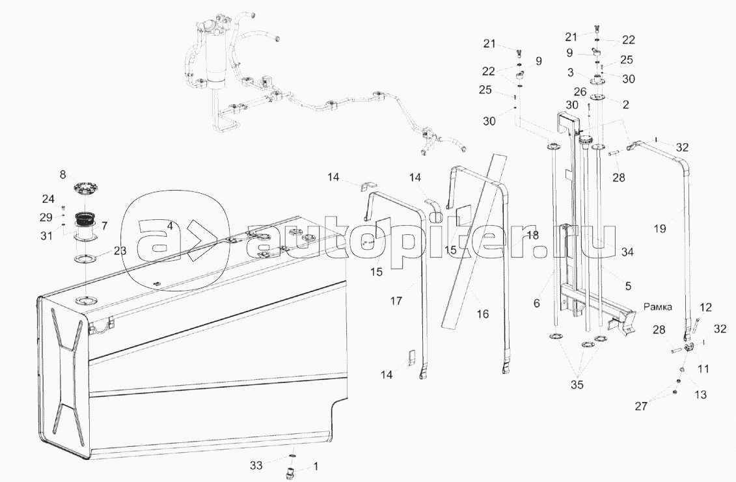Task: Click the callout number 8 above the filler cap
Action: [x=63, y=174]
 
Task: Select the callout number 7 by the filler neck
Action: [x=105, y=225]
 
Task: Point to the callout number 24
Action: [x=49, y=199]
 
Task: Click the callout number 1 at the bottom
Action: [x=316, y=466]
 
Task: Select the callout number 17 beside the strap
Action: [x=397, y=301]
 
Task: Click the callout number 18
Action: [x=532, y=235]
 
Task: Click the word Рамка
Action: [x=659, y=306]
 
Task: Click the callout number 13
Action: [x=702, y=394]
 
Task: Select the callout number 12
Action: [x=706, y=306]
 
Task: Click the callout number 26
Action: [x=599, y=92]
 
